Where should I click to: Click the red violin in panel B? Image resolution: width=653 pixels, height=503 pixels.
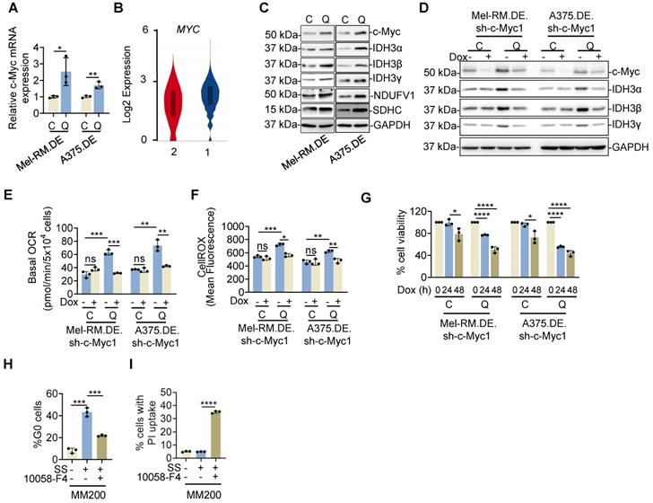pyautogui.click(x=170, y=100)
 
